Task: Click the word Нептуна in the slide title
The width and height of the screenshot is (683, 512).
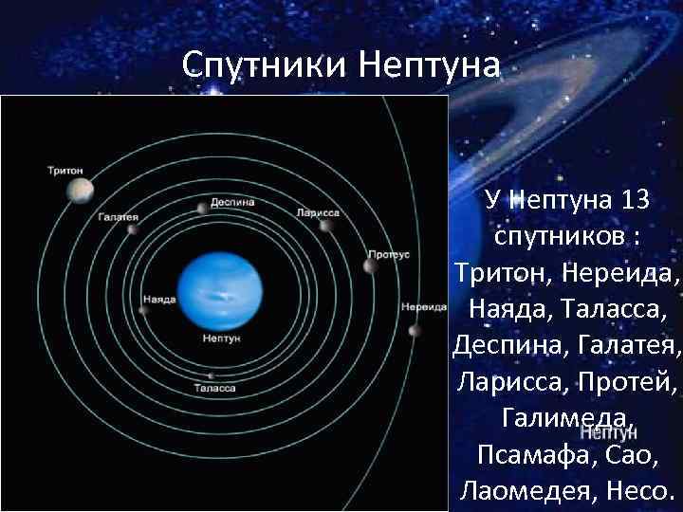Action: (429, 64)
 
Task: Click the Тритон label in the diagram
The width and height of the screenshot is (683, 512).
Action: (65, 171)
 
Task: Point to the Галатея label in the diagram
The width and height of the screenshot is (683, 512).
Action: (118, 216)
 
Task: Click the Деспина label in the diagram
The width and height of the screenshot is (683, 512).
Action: (232, 202)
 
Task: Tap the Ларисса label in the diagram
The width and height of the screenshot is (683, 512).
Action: (318, 213)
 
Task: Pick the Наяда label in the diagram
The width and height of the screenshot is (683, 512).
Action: (158, 299)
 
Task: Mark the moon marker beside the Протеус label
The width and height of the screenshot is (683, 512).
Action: (370, 265)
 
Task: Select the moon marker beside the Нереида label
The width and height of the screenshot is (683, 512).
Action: (414, 331)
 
